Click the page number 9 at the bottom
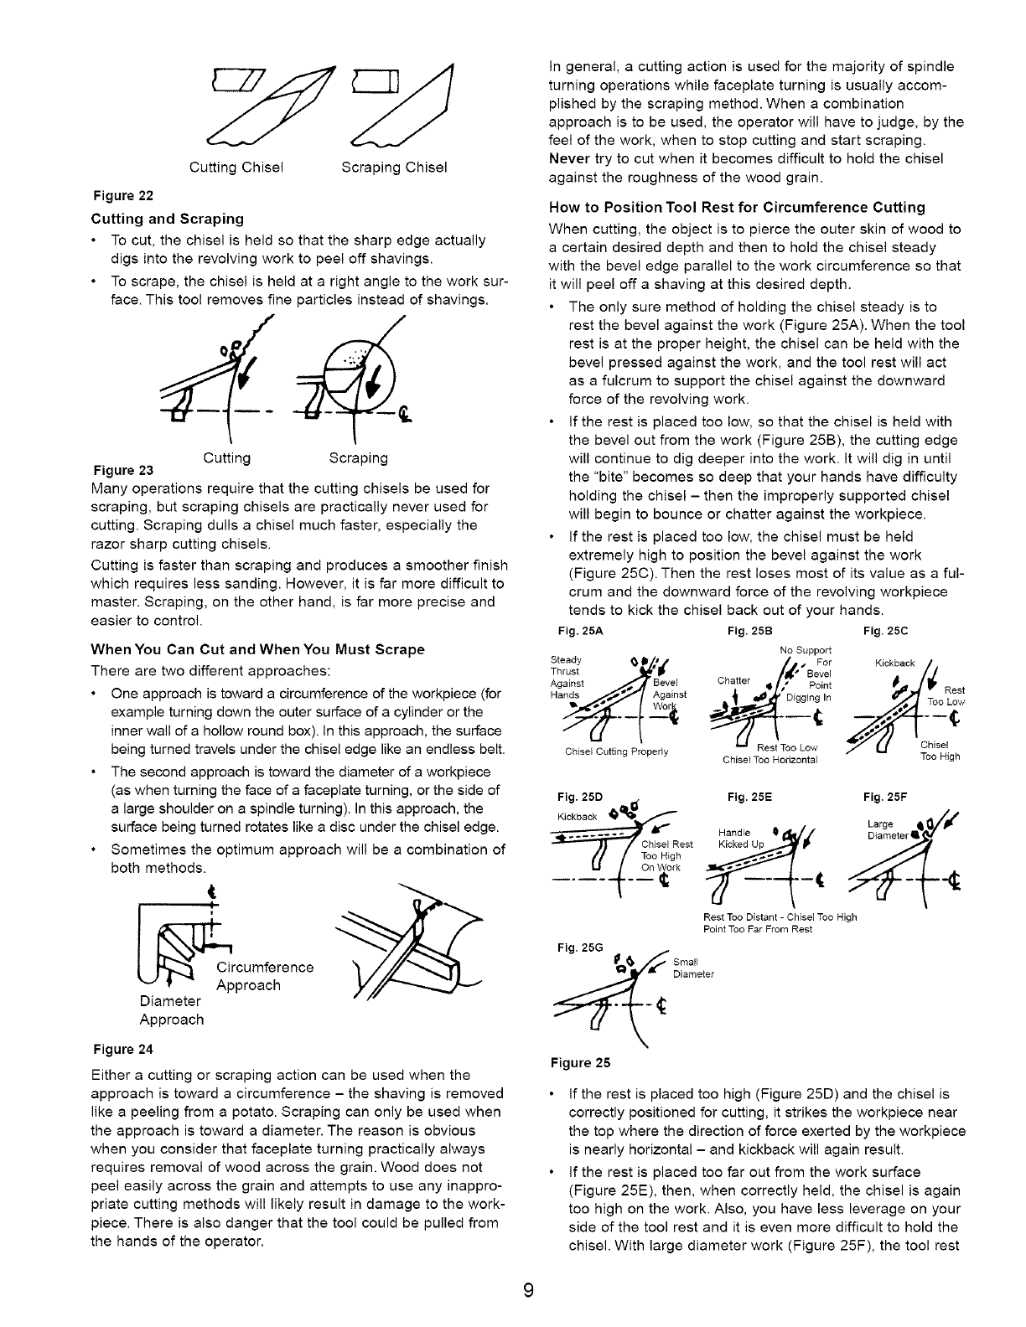coord(526,1289)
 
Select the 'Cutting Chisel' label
coord(237,168)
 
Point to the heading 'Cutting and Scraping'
coord(167,219)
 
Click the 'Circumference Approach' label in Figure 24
coord(265,976)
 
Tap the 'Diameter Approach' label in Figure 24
coord(171,1010)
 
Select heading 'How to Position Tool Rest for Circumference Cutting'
coord(737,207)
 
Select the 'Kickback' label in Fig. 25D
coord(576,817)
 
